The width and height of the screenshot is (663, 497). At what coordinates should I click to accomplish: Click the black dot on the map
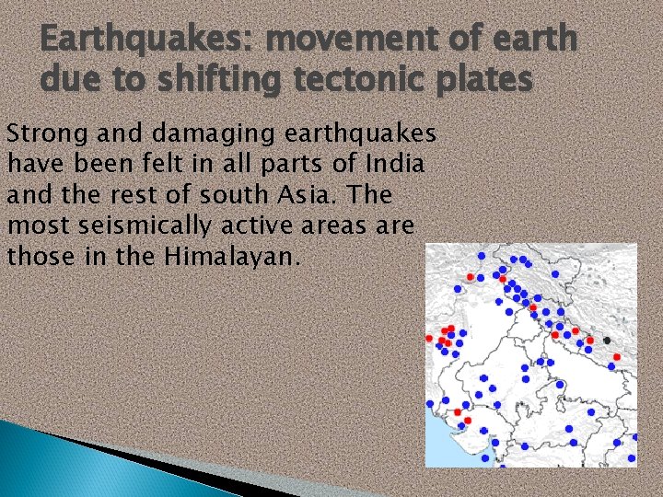pyautogui.click(x=607, y=341)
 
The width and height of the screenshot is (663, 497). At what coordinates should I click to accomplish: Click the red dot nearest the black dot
pyautogui.click(x=616, y=356)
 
